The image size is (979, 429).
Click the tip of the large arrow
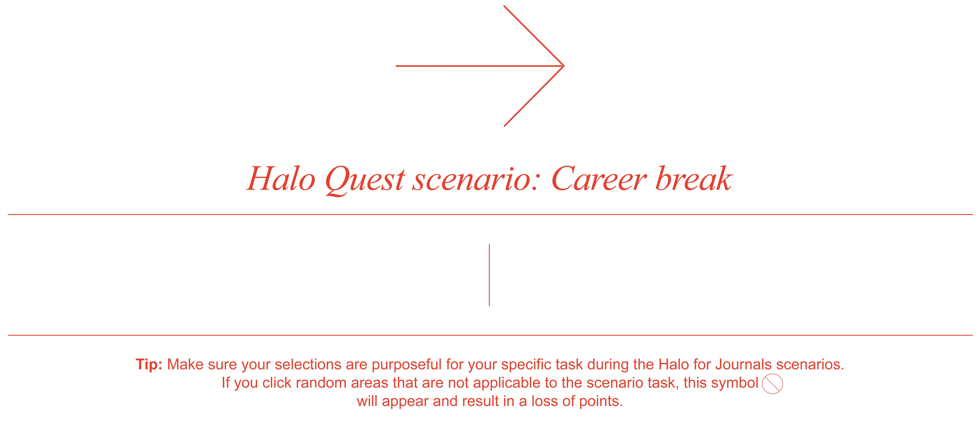pyautogui.click(x=564, y=66)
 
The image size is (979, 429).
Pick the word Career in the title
pyautogui.click(x=599, y=179)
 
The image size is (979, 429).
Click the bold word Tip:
pyautogui.click(x=149, y=364)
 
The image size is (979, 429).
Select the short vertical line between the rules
pyautogui.click(x=489, y=275)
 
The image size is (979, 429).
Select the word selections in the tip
pyautogui.click(x=308, y=364)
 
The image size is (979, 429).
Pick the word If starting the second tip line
pyautogui.click(x=226, y=383)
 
